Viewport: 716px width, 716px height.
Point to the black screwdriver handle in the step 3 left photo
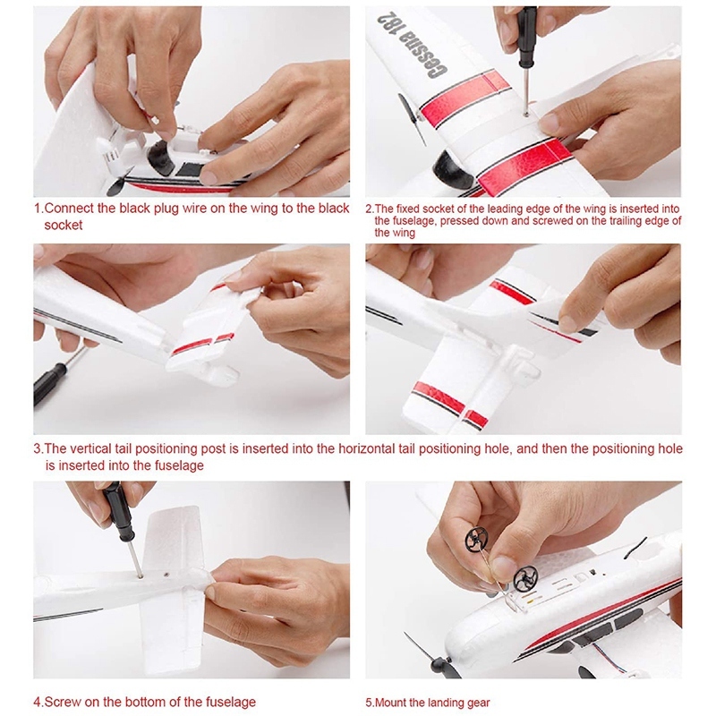48,382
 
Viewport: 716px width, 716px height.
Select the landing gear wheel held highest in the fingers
476,540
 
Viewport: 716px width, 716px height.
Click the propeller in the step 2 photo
413,120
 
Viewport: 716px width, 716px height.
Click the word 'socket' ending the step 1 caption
64,226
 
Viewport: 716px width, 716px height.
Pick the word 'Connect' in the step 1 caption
69,209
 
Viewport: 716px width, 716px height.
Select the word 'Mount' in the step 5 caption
391,703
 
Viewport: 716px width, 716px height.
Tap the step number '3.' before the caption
38,449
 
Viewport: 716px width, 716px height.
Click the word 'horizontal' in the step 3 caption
367,449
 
